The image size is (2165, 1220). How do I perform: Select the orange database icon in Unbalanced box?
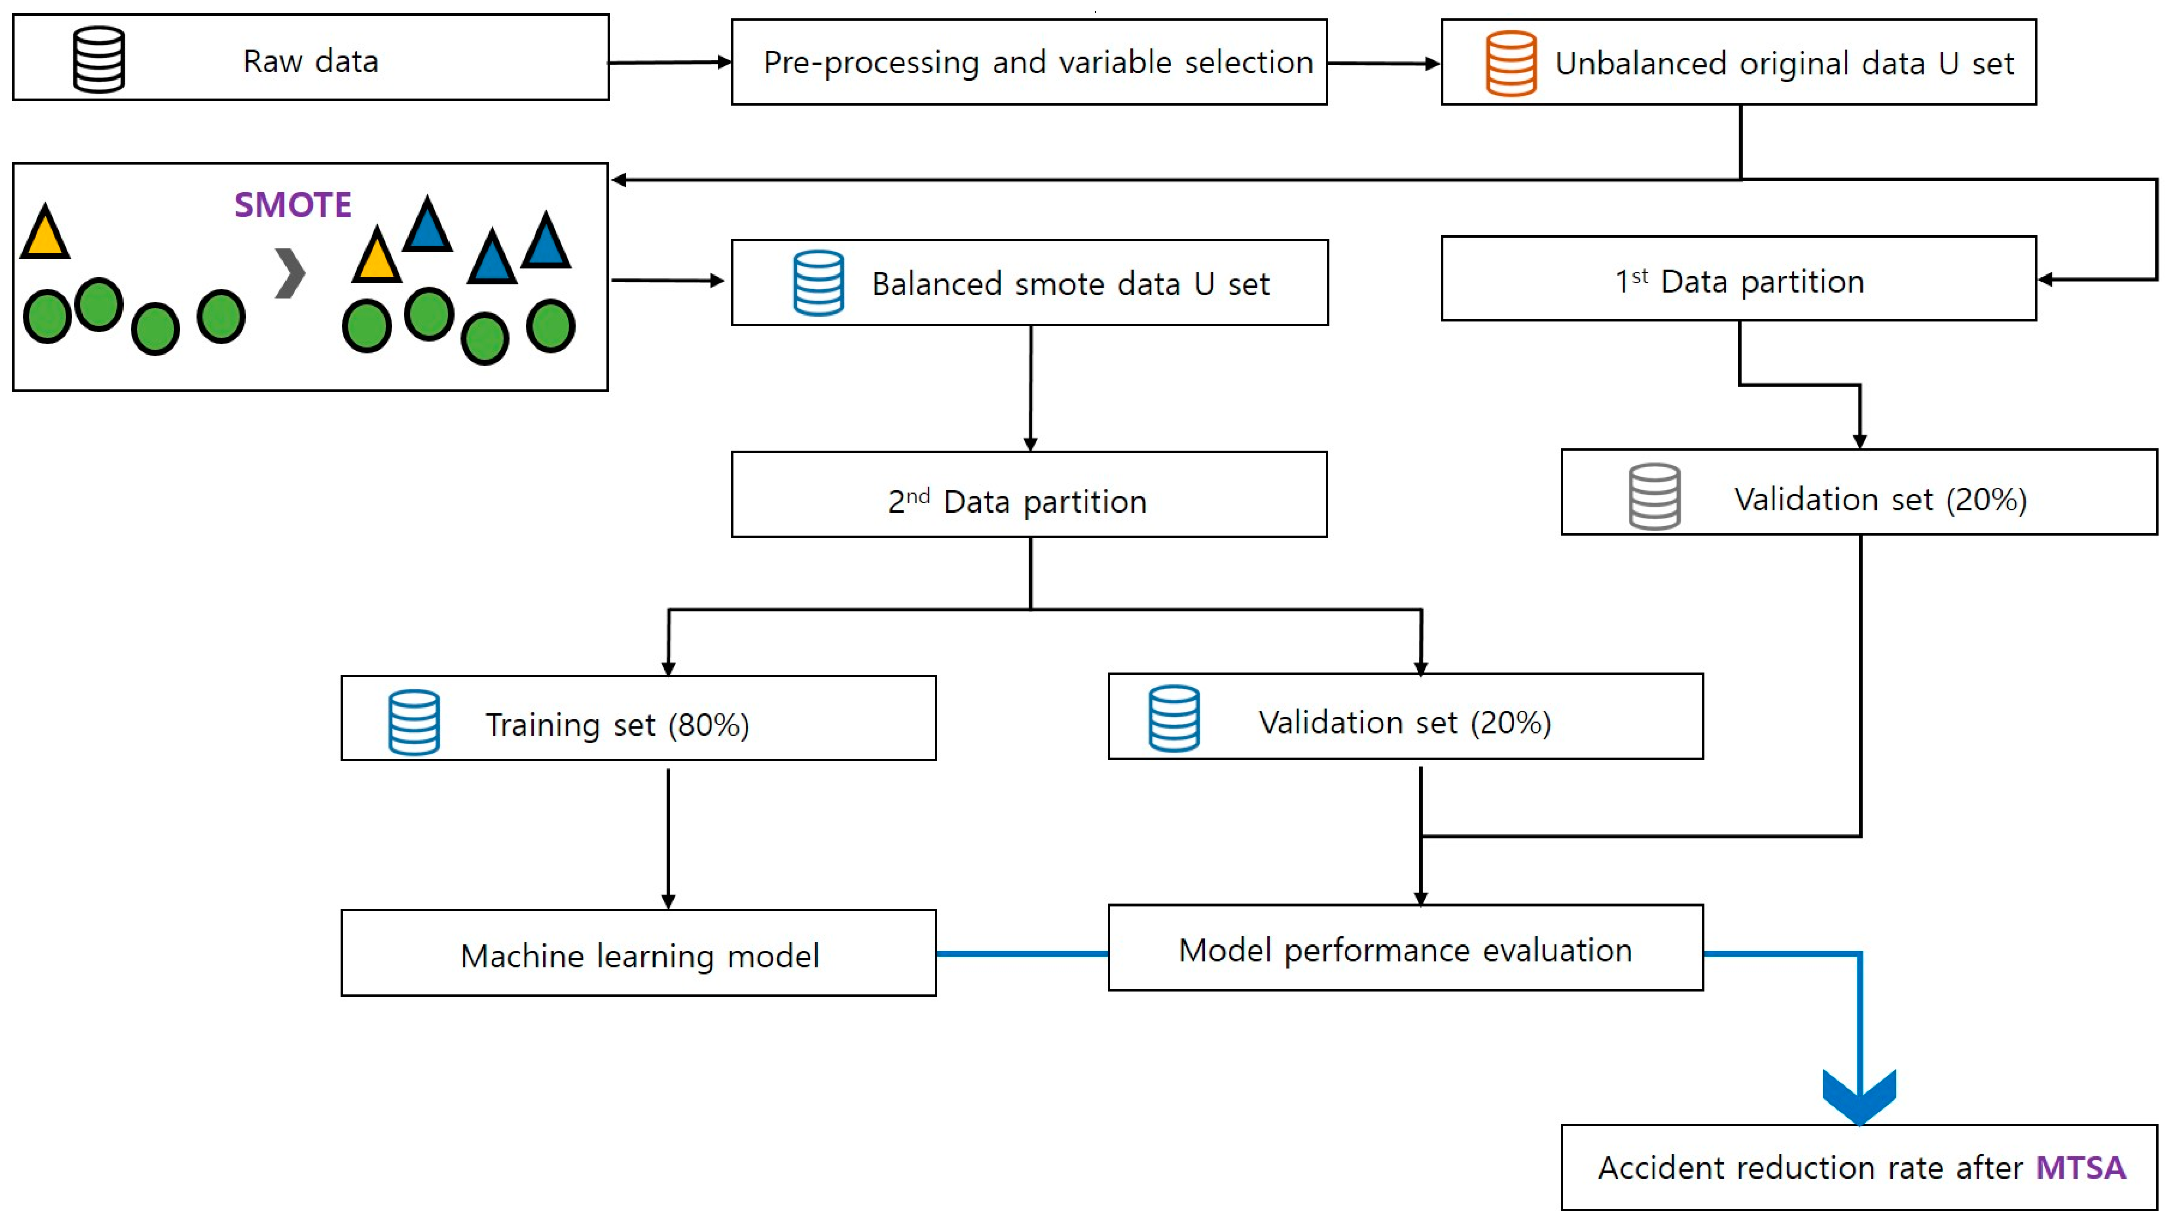click(x=1510, y=64)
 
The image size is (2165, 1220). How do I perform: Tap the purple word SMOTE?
click(x=293, y=205)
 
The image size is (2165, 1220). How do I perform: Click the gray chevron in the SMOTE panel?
click(x=290, y=273)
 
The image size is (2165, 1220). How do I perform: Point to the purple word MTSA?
click(x=2080, y=1168)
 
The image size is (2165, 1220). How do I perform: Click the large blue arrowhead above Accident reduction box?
click(x=1859, y=1095)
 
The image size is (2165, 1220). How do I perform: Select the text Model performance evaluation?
click(x=1405, y=950)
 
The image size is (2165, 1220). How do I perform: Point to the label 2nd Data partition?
click(x=1017, y=501)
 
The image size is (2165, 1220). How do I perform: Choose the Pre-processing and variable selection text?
click(x=1037, y=62)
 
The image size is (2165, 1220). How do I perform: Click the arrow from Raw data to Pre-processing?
click(x=670, y=62)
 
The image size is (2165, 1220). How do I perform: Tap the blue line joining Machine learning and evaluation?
click(x=1022, y=954)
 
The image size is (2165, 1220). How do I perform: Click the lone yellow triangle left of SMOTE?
click(x=45, y=233)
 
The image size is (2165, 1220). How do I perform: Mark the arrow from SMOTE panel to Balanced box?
click(x=668, y=280)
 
